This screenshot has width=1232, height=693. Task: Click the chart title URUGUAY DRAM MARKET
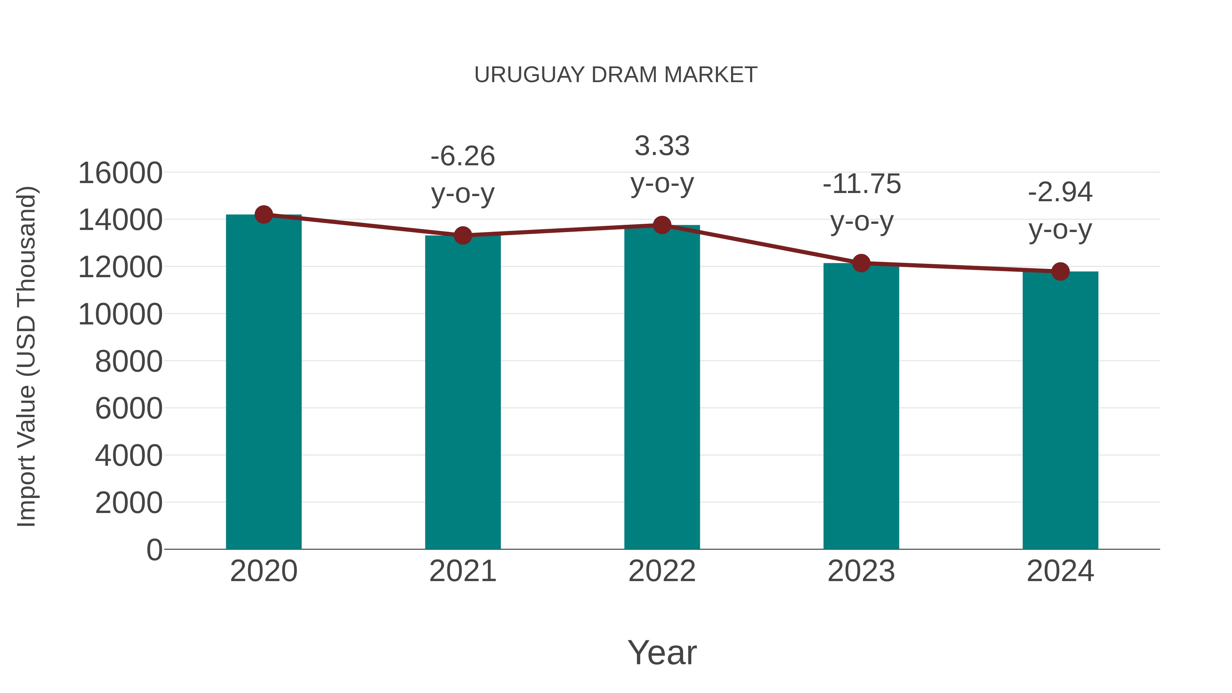click(616, 75)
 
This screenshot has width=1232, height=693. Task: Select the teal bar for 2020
click(264, 383)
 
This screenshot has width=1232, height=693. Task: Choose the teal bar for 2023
click(861, 407)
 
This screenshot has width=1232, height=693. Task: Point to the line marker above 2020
click(264, 215)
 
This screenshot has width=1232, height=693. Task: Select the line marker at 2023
click(861, 263)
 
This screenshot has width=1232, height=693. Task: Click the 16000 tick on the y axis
click(120, 173)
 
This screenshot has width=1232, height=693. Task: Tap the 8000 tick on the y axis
click(129, 362)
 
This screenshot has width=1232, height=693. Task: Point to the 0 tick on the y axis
click(154, 550)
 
